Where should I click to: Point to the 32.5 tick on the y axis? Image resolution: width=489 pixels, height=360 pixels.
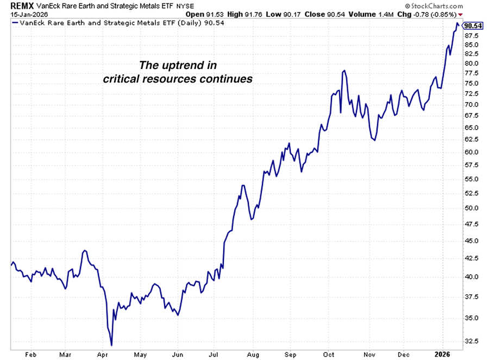[471, 341]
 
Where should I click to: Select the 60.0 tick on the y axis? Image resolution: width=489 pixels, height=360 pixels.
[471, 151]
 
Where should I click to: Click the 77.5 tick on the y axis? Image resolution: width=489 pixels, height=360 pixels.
[471, 73]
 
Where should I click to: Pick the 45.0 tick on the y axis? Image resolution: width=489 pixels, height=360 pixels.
[471, 241]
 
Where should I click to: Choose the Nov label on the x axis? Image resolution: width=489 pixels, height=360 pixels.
[369, 354]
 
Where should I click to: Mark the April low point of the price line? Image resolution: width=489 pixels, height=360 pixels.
[111, 345]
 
